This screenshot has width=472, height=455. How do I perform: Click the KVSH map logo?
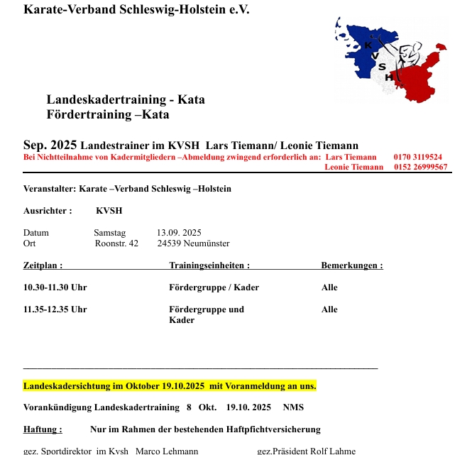tap(390, 58)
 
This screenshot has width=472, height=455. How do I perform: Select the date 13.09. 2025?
tap(179, 233)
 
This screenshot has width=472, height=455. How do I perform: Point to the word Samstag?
tap(109, 233)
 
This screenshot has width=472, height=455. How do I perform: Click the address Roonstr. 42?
tap(116, 243)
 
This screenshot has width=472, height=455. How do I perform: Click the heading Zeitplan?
tap(43, 266)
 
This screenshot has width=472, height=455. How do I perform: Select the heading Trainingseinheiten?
tap(209, 266)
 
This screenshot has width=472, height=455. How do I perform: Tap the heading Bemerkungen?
tap(352, 266)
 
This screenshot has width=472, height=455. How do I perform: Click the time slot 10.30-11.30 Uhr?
tap(55, 288)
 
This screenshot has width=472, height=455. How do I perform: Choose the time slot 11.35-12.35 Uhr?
tap(55, 310)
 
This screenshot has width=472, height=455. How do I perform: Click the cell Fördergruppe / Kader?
tap(214, 288)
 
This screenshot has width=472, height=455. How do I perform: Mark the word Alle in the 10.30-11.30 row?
tap(329, 288)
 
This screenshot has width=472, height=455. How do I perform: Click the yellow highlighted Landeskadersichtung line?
tap(170, 386)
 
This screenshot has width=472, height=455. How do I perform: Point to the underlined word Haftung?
tap(43, 429)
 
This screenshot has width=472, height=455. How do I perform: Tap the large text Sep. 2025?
tap(50, 145)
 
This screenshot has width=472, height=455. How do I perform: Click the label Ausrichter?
tap(48, 211)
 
